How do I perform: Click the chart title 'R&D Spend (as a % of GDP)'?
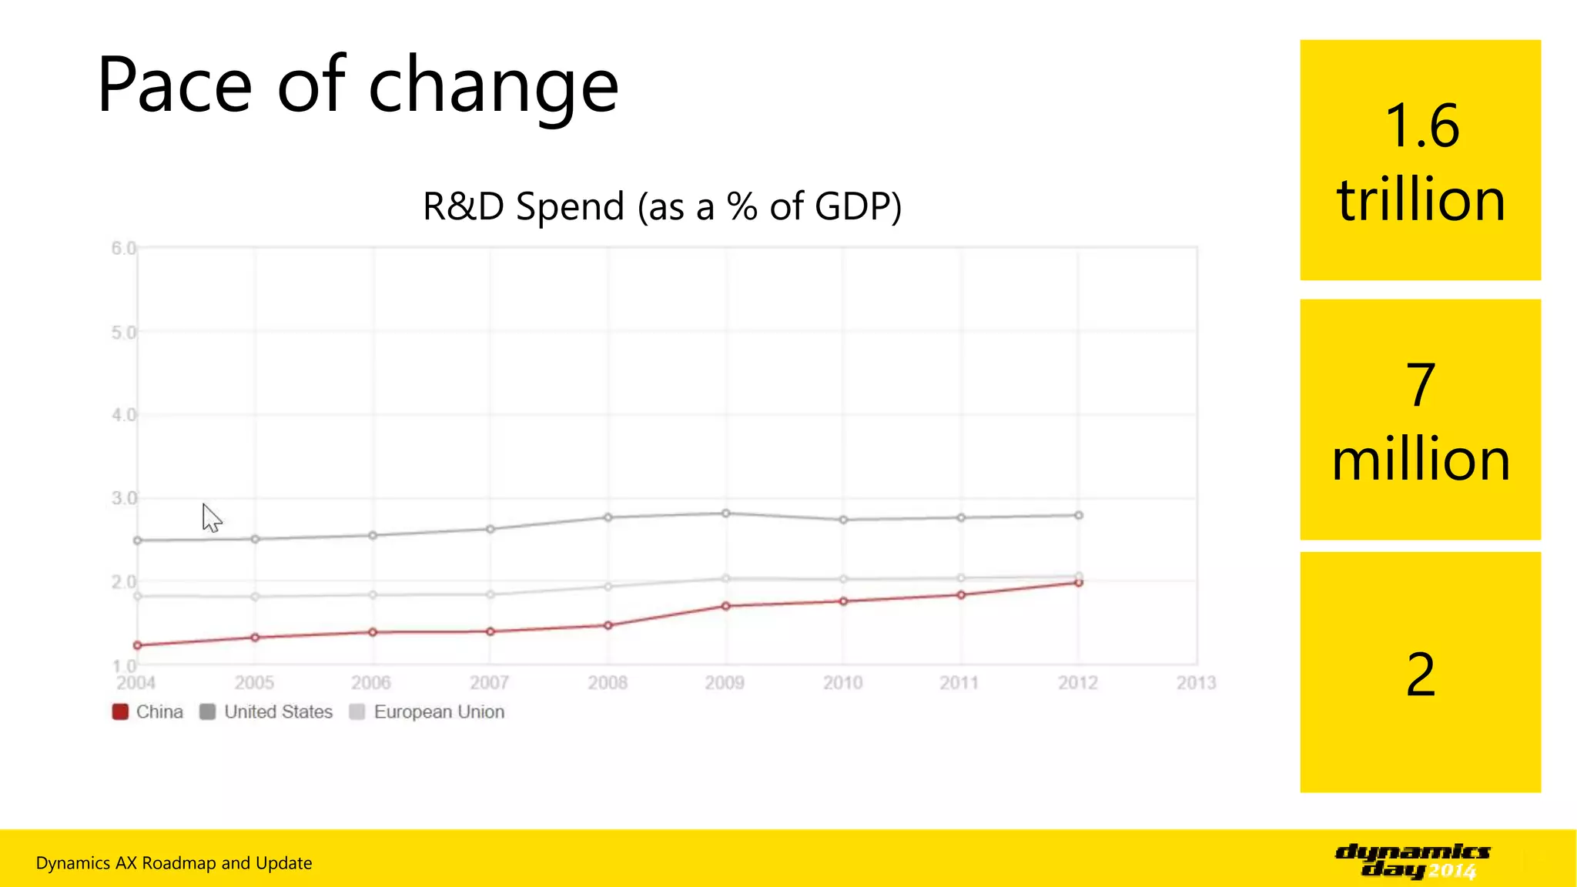[662, 206]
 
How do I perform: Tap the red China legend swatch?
[120, 711]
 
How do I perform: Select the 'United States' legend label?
[278, 711]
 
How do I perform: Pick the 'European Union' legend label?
[439, 711]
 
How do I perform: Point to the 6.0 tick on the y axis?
[123, 248]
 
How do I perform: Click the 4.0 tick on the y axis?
[123, 415]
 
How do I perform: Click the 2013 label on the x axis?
[1196, 682]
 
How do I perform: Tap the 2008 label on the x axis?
[608, 682]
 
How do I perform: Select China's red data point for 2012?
[1079, 583]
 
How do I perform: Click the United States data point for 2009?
[725, 514]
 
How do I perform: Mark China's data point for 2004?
[138, 645]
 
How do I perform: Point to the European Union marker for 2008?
[608, 587]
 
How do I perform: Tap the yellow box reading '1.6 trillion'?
[1420, 160]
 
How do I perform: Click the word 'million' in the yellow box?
[1420, 460]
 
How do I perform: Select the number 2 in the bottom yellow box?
[1420, 674]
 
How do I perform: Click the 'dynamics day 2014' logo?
[1412, 861]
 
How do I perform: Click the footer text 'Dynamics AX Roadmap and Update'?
[174, 863]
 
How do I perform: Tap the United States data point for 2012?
[1079, 515]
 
